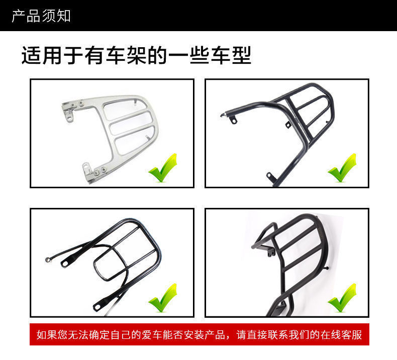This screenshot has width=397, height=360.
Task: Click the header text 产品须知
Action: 41,16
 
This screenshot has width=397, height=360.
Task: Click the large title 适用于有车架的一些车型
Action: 136,55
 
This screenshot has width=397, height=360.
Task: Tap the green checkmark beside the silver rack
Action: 163,168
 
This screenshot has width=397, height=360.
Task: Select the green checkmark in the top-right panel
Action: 342,168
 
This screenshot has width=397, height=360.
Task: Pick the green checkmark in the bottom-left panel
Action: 163,298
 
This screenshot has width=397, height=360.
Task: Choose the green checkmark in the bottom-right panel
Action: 342,298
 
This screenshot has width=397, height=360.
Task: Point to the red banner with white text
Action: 200,334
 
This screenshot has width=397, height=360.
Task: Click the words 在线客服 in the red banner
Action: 341,334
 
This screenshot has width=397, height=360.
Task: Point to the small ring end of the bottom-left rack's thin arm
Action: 48,260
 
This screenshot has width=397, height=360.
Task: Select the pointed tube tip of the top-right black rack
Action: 222,115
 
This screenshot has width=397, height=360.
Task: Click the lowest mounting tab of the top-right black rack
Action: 270,176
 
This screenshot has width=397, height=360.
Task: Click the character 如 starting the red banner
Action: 42,334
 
